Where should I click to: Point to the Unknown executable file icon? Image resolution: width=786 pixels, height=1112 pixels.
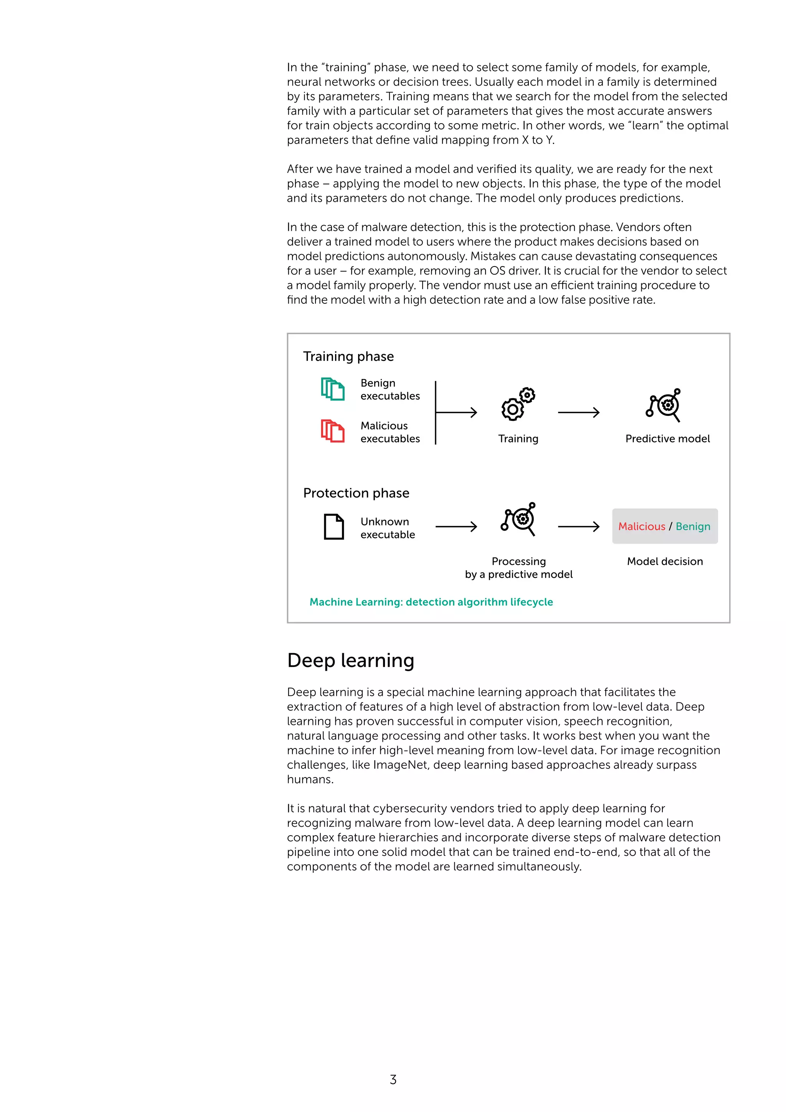pyautogui.click(x=334, y=526)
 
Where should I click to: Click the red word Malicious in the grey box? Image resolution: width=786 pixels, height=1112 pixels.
pyautogui.click(x=642, y=526)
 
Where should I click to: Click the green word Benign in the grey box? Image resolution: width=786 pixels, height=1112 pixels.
pyautogui.click(x=693, y=526)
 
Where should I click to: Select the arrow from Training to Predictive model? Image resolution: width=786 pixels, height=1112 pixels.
pyautogui.click(x=579, y=413)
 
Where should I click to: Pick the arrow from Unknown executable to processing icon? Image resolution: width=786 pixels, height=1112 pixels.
pyautogui.click(x=456, y=526)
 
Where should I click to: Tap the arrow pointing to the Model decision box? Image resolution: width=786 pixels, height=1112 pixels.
pyautogui.click(x=579, y=526)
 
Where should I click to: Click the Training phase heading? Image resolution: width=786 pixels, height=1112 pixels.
pyautogui.click(x=348, y=356)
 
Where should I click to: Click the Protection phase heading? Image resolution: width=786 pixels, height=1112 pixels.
pyautogui.click(x=356, y=493)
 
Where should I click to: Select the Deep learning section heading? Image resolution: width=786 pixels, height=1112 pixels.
pyautogui.click(x=350, y=660)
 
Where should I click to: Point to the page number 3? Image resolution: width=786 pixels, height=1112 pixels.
pyautogui.click(x=393, y=1079)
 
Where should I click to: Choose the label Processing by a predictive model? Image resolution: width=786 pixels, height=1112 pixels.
pyautogui.click(x=519, y=568)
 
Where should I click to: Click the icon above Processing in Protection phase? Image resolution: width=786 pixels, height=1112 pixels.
pyautogui.click(x=518, y=519)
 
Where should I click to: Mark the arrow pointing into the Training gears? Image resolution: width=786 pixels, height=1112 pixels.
pyautogui.click(x=457, y=413)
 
